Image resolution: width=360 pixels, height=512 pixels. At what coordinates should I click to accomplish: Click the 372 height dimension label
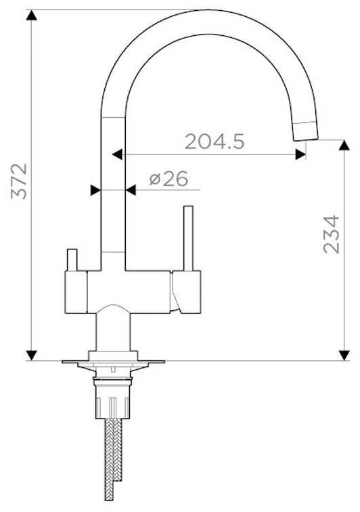click(x=19, y=182)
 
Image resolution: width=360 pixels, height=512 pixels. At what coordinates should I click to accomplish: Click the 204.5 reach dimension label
click(x=215, y=142)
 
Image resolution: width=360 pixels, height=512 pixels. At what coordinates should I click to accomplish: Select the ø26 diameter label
click(x=168, y=179)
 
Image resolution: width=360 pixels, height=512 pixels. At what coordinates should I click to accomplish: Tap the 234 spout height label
click(x=331, y=234)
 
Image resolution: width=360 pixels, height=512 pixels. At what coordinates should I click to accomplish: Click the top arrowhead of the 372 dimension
click(x=31, y=15)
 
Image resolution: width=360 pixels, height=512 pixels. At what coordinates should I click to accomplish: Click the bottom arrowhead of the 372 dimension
click(x=31, y=356)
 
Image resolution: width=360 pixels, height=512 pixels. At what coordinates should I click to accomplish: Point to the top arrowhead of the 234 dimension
click(x=344, y=146)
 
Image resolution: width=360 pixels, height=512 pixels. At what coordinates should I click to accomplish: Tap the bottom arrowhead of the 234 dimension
click(x=344, y=356)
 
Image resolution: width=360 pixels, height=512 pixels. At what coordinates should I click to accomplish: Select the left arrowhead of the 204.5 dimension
click(x=117, y=154)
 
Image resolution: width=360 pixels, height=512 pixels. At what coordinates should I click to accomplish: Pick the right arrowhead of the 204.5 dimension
click(x=300, y=154)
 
